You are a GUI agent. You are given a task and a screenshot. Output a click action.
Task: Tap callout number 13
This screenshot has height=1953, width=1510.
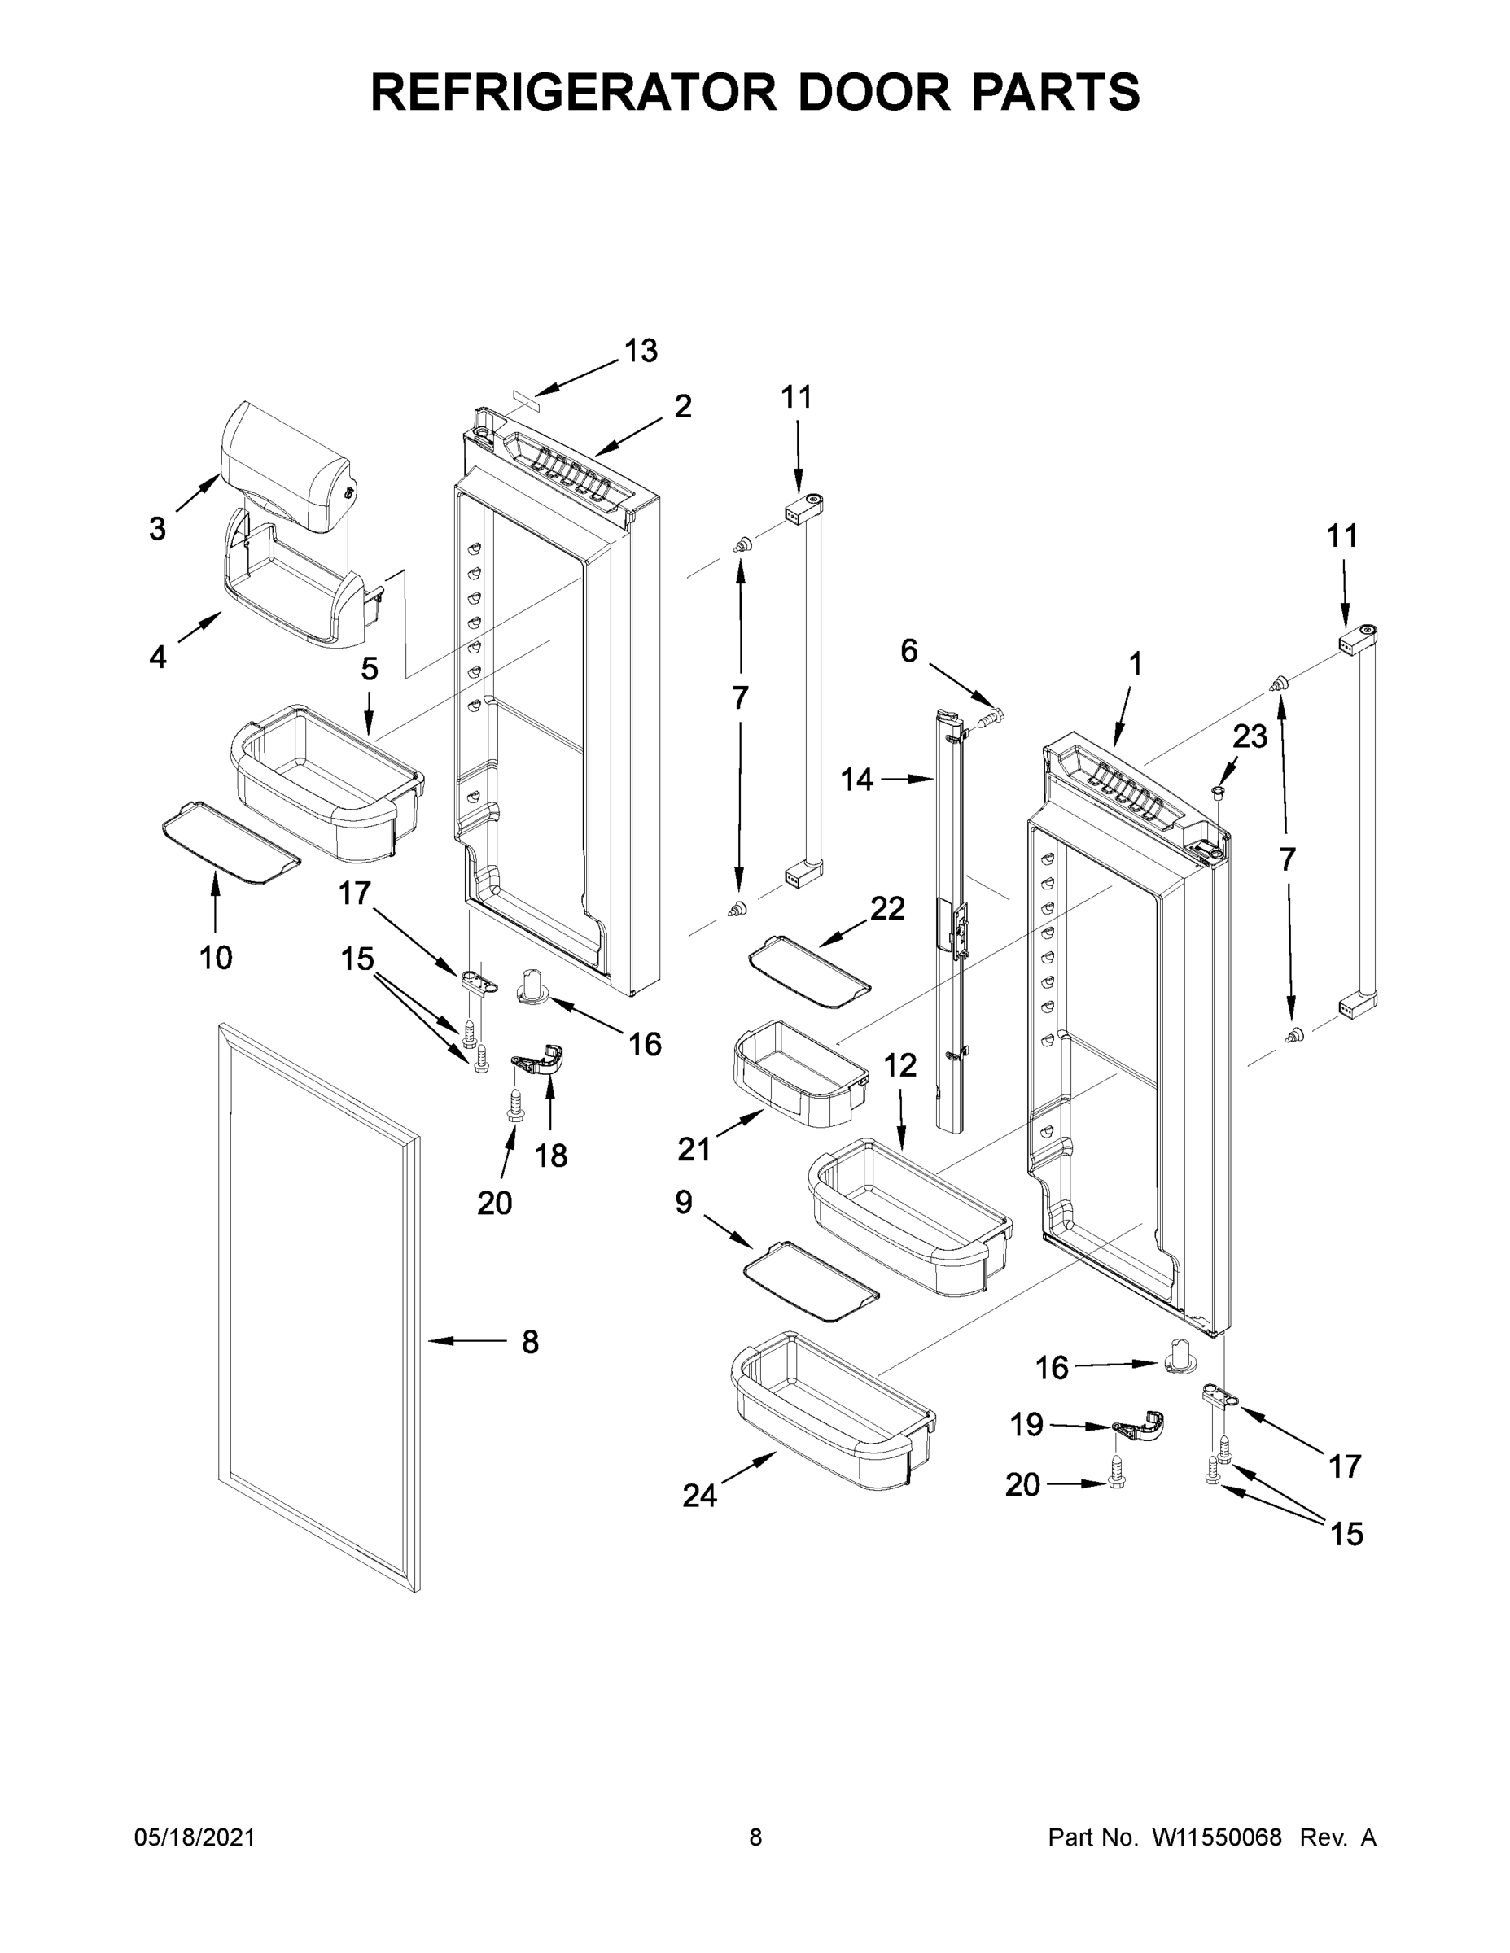click(641, 352)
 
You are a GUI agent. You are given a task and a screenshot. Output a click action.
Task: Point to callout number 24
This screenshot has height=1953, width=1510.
click(699, 1495)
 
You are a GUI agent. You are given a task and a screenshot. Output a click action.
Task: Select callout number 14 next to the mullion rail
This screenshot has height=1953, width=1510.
click(856, 780)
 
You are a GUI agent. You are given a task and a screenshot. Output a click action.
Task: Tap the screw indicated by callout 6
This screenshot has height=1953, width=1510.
click(991, 715)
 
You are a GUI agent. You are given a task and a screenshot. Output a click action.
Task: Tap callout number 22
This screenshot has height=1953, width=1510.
click(887, 908)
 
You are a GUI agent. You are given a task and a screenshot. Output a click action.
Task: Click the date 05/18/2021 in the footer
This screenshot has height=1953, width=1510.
click(194, 1837)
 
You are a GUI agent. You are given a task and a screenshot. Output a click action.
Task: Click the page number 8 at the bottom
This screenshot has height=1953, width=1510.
click(755, 1837)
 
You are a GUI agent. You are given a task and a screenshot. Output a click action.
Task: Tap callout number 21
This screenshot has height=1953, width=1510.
click(694, 1150)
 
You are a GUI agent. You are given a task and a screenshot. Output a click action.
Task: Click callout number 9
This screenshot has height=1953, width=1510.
click(684, 1204)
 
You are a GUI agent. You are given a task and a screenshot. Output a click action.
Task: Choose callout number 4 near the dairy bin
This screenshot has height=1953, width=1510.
click(157, 658)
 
